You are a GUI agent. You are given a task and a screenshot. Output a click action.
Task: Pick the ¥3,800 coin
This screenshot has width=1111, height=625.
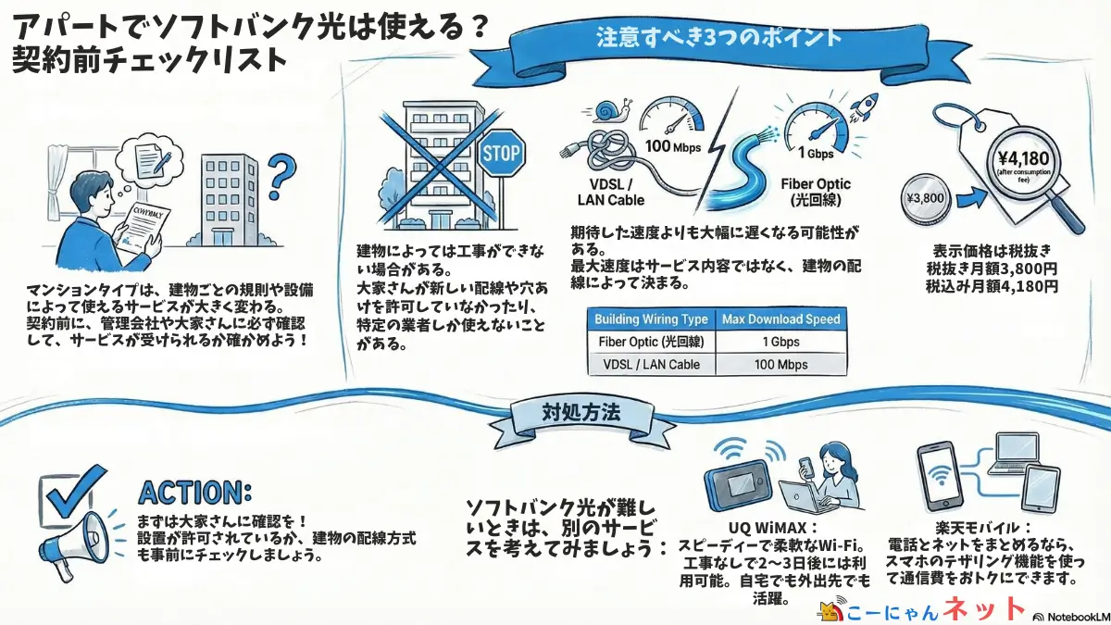click(927, 197)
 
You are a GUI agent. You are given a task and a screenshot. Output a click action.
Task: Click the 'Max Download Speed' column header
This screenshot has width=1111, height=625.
click(781, 319)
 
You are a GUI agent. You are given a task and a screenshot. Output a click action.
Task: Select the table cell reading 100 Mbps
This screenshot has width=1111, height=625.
click(781, 364)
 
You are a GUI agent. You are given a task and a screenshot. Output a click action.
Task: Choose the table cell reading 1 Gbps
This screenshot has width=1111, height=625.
click(781, 342)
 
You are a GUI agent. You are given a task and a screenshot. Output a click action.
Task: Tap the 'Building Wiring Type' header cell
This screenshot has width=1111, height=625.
click(652, 319)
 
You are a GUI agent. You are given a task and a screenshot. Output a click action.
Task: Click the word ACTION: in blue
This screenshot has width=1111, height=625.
click(194, 491)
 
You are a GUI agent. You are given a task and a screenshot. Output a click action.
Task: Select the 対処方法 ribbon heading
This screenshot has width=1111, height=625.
click(568, 413)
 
